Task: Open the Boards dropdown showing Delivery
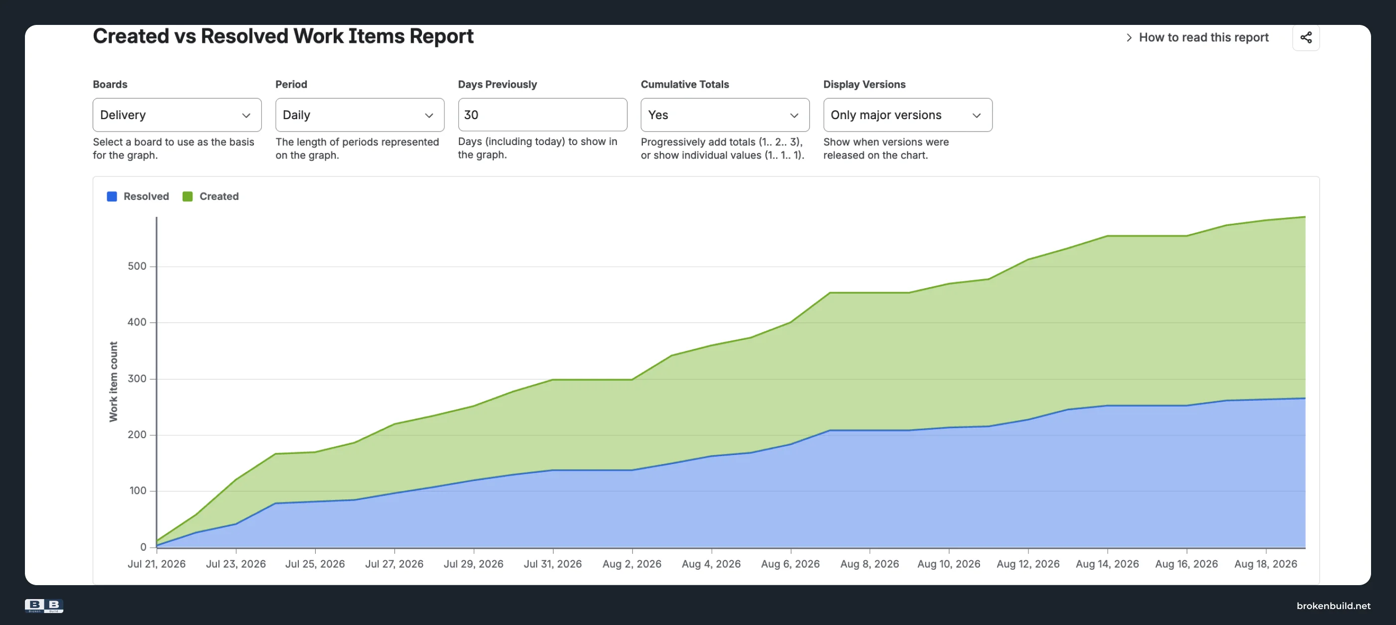[x=177, y=115]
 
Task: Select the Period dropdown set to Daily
[x=359, y=115]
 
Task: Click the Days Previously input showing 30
[x=543, y=114]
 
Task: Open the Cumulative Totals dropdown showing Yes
[x=725, y=115]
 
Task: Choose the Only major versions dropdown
[x=908, y=115]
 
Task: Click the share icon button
[x=1306, y=37]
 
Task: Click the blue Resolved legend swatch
[x=112, y=196]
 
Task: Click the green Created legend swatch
[x=188, y=196]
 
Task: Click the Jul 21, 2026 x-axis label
[x=157, y=564]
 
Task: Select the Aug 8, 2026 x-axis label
[x=870, y=564]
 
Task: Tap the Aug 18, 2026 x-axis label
[x=1266, y=564]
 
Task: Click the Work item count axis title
[x=113, y=381]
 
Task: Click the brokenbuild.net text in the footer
[x=1334, y=606]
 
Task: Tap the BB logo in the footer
[x=44, y=606]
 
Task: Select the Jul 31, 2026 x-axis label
[x=553, y=564]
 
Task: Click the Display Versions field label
[x=864, y=85]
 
